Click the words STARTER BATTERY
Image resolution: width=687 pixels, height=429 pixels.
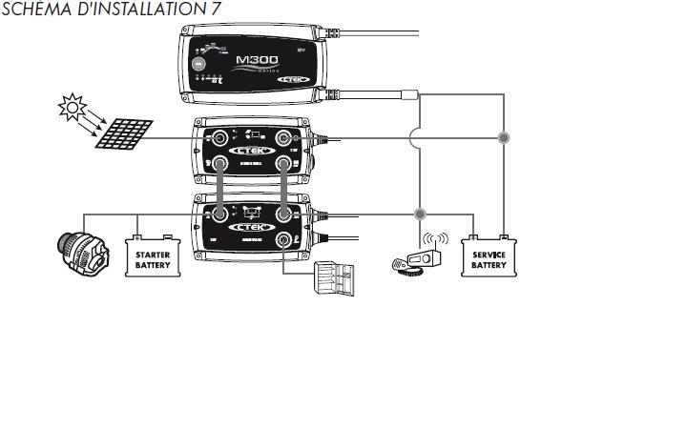coord(153,259)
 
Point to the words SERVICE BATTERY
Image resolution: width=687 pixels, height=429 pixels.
coord(489,259)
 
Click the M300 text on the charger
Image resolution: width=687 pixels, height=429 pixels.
coord(253,59)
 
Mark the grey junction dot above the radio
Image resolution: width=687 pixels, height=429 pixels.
coord(419,214)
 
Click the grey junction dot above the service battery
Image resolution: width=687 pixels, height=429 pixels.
coord(504,138)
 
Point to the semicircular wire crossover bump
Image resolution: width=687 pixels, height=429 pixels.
coord(414,138)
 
